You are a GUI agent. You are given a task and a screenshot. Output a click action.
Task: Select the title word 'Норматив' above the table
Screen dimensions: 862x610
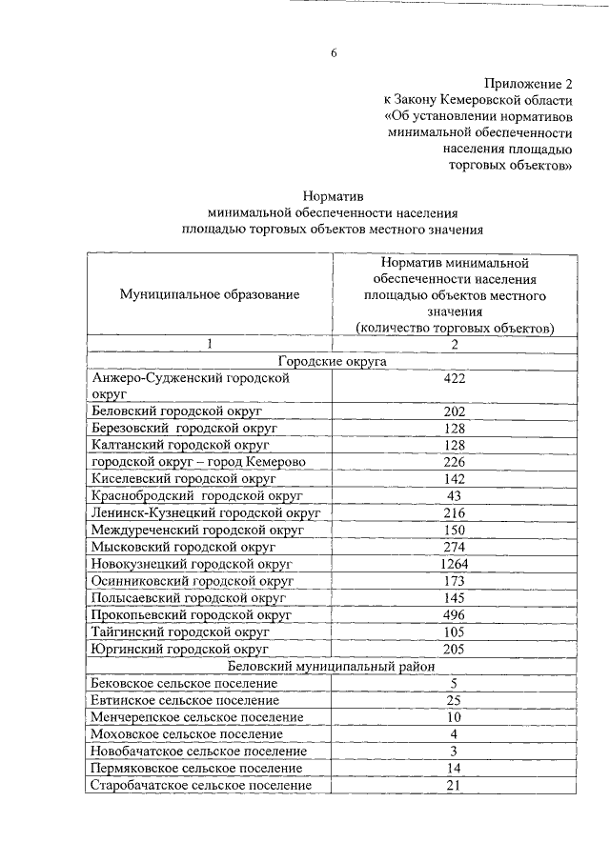(333, 194)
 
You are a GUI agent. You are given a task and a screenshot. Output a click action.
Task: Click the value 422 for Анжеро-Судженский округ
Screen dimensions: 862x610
(454, 379)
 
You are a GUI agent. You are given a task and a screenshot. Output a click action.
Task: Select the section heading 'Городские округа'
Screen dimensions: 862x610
(332, 361)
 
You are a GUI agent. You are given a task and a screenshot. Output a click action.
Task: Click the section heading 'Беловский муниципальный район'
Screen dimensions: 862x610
(331, 667)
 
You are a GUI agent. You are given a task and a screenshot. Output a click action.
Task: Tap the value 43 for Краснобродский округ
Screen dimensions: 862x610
(454, 496)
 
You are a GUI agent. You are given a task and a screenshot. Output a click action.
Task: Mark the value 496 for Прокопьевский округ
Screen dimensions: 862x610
(454, 615)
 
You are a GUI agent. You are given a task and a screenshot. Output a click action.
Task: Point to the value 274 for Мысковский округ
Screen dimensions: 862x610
(454, 547)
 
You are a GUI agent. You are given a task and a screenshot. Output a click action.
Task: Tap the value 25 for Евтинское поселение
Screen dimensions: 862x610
(454, 700)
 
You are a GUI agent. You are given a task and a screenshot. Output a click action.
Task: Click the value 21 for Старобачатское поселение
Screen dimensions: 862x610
(454, 785)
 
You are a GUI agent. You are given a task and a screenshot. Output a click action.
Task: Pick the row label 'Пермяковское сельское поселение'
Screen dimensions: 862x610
(197, 768)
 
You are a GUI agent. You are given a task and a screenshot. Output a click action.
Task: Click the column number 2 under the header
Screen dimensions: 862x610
(454, 344)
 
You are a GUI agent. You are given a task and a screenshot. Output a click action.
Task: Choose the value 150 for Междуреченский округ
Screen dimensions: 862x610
(454, 530)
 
